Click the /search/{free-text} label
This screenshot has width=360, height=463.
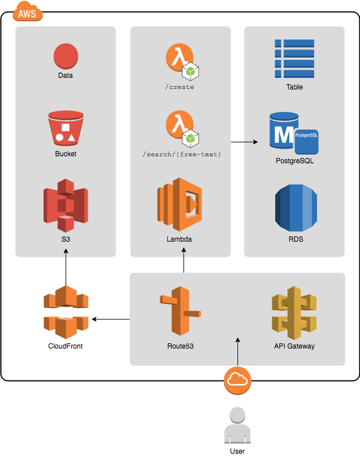click(x=182, y=155)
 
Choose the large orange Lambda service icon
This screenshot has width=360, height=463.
click(x=179, y=204)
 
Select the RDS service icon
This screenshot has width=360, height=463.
click(x=296, y=208)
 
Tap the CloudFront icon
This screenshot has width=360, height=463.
click(x=66, y=313)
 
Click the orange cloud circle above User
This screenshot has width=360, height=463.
click(x=237, y=380)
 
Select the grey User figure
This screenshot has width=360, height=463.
click(x=237, y=427)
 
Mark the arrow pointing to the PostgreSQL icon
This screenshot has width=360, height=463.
click(x=244, y=141)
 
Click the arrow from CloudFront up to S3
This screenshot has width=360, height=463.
click(x=66, y=267)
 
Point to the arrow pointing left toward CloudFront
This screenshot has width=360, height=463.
click(x=110, y=318)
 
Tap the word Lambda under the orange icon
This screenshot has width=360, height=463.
click(x=179, y=239)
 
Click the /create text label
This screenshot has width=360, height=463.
click(x=179, y=87)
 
